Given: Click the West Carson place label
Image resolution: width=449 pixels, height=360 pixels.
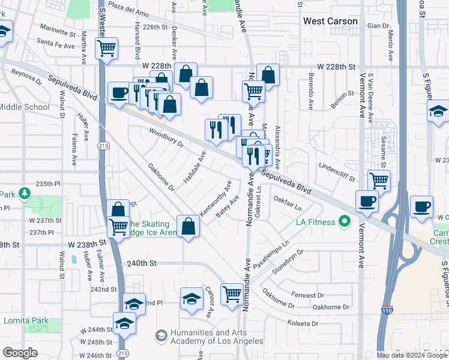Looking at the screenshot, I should pos(330,21).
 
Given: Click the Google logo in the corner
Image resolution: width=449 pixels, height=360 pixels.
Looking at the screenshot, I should pos(20,353).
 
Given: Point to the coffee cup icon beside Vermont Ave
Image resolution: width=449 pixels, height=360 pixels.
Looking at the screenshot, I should pos(367,201).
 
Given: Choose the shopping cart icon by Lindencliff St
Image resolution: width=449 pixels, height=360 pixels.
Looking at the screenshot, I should pos(379,179).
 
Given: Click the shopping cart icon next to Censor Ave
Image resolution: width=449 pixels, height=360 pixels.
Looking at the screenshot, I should pos(232,293).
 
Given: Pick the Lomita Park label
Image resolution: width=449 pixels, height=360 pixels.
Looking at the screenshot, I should pos(26,321).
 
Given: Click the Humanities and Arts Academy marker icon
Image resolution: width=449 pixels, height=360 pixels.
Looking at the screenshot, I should pos(160,337).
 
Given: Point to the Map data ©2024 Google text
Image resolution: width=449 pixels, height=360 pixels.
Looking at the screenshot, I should pos(412,355).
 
